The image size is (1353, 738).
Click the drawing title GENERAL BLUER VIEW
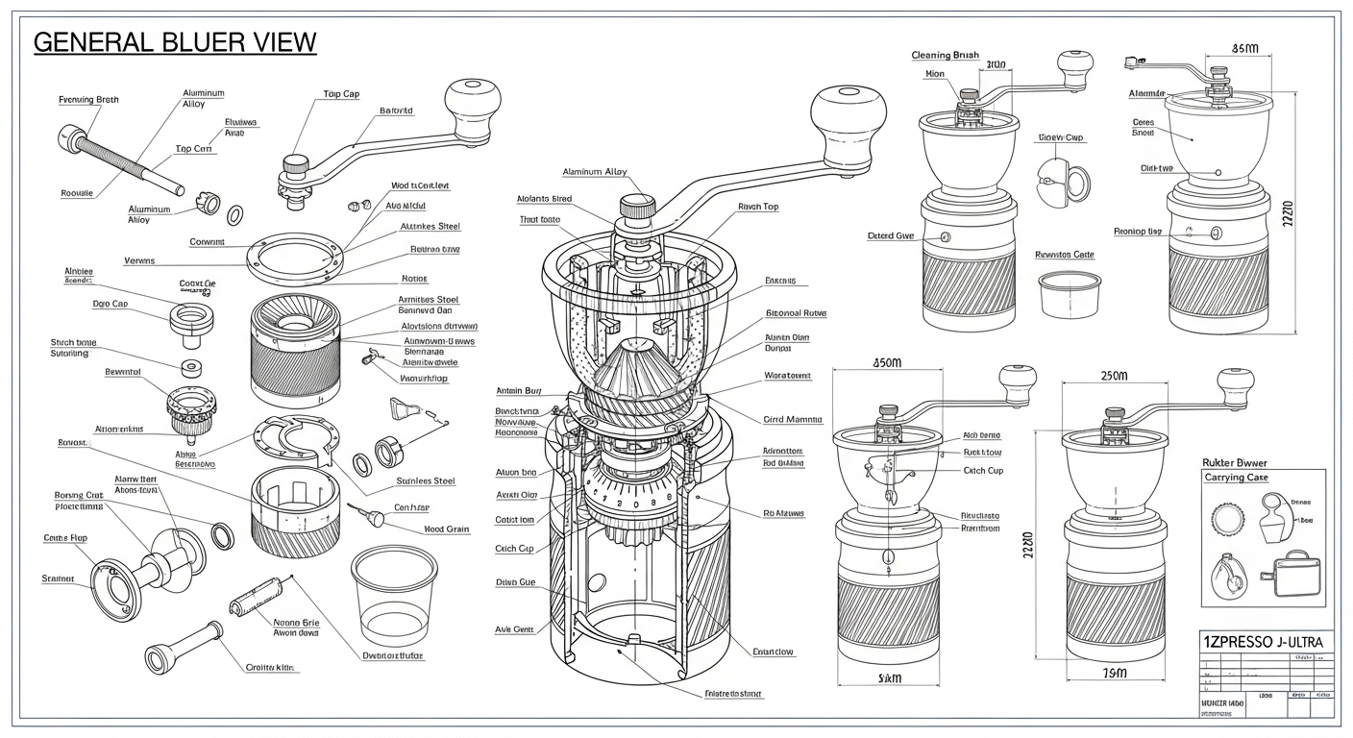point(175,42)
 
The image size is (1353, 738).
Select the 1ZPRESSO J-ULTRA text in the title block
point(1263,641)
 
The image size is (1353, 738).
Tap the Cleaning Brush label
point(945,56)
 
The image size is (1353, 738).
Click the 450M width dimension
point(887,362)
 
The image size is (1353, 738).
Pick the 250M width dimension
point(1113,376)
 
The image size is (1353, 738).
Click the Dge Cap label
point(111,304)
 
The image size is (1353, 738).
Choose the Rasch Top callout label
point(758,207)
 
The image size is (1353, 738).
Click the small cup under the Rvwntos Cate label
point(1069,292)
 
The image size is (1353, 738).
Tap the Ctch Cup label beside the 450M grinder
point(983,471)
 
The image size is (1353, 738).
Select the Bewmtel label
point(123,372)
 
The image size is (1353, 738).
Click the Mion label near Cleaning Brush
point(935,73)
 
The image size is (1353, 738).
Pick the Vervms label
point(139,260)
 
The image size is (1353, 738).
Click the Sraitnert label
point(59,578)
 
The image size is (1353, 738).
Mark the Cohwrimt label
point(208,242)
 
